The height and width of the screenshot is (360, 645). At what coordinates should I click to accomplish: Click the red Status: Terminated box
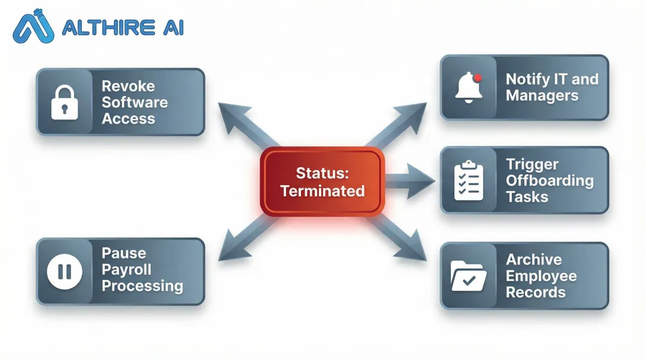tap(322, 181)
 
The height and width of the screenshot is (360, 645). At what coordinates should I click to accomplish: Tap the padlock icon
tap(64, 102)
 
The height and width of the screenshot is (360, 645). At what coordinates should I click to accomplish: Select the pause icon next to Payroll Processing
tap(64, 272)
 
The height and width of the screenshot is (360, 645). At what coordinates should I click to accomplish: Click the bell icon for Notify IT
tap(468, 88)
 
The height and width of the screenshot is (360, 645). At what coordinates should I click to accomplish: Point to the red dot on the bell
tap(477, 77)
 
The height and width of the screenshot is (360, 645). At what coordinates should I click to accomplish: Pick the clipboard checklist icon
tap(468, 180)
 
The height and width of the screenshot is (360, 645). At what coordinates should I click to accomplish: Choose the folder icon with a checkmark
tap(468, 276)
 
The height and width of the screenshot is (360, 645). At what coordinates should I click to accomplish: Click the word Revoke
tap(128, 86)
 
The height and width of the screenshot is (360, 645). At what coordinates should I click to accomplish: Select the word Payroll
tap(126, 269)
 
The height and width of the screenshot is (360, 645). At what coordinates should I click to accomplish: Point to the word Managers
tap(542, 96)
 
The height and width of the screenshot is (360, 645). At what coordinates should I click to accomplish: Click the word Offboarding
tap(549, 180)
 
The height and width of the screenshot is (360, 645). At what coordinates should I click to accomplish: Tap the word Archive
tap(533, 260)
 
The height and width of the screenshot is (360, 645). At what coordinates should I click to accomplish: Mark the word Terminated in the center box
tap(322, 191)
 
